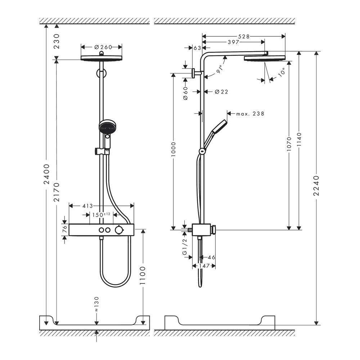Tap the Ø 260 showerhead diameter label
pos(102,47)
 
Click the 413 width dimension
pos(88,206)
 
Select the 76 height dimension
pos(65,229)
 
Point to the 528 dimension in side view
pos(244,36)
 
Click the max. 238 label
pos(250,114)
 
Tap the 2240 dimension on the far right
pos(316,186)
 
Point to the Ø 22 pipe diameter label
pos(221,92)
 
